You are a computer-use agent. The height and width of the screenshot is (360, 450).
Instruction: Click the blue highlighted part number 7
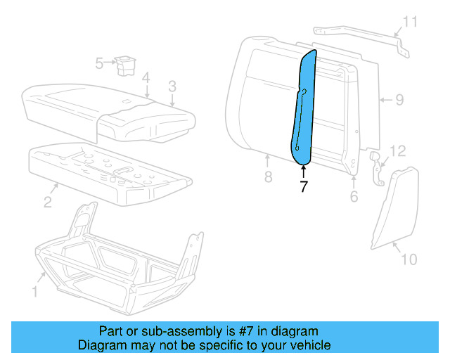pos(303,105)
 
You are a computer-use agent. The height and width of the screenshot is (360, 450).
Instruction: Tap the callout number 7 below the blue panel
pos(303,187)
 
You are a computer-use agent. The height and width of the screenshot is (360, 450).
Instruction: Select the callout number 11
pos(410,22)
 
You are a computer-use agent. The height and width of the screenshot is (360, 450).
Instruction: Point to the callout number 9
pos(399,100)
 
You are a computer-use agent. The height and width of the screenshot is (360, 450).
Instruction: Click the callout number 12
pos(398,151)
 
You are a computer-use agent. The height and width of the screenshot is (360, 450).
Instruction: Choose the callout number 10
pos(409,259)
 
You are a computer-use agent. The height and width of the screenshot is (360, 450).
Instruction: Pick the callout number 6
pos(354,195)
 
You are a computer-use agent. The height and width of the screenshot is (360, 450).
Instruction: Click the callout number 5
pos(99,64)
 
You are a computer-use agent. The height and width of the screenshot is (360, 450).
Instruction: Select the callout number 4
pos(145,77)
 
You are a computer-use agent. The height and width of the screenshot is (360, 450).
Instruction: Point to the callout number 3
pos(172,87)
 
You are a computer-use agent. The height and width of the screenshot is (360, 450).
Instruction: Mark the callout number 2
pos(47,202)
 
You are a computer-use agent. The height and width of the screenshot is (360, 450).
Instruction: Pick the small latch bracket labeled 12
pos(377,169)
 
